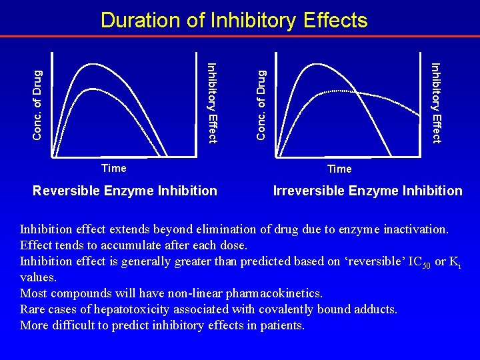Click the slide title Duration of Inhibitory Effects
coord(234,21)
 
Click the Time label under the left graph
coord(113,167)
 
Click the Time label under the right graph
coord(339,169)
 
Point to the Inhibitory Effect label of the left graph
coord(212,102)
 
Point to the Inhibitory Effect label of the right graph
coord(436,102)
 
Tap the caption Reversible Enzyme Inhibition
coord(125,191)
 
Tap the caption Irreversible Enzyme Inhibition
coord(367,191)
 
